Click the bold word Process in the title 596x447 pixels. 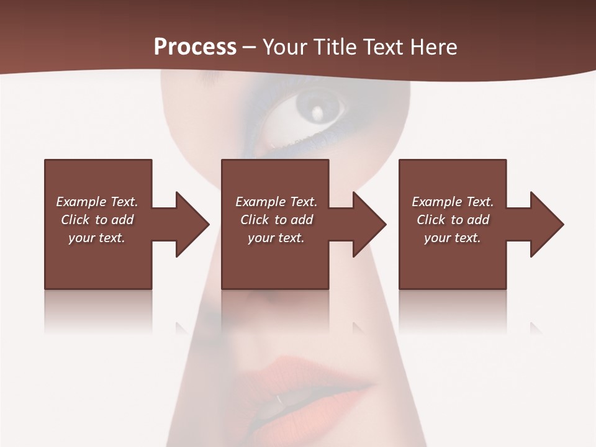195,47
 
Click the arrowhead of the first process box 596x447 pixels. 193,224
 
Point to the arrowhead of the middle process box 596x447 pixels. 370,224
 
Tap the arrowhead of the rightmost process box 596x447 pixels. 548,224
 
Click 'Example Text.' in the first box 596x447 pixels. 97,202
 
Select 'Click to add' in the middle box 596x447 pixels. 276,220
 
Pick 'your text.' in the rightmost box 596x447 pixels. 452,238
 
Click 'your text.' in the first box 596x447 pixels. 97,238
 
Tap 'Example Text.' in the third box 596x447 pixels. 453,202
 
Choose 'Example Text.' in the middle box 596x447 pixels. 276,202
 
